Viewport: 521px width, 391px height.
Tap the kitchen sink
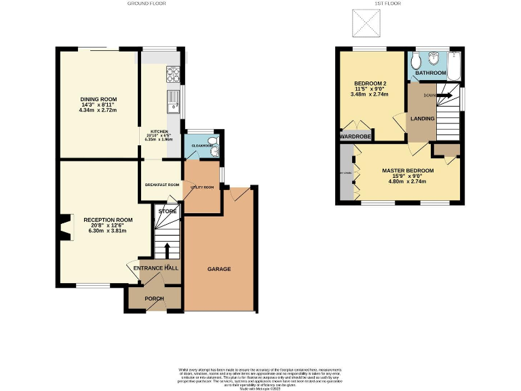(x=172, y=101)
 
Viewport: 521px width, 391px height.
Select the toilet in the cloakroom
(x=211, y=145)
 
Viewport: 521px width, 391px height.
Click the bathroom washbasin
(x=434, y=59)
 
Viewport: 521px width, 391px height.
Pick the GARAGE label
(x=219, y=269)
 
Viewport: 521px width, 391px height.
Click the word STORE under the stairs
(x=167, y=212)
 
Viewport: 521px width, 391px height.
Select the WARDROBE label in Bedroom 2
(x=355, y=136)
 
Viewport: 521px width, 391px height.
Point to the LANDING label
(x=422, y=119)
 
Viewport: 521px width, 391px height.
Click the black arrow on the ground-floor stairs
(x=168, y=248)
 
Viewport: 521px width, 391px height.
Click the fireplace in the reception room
(x=64, y=227)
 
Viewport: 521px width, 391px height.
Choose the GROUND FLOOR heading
(x=147, y=3)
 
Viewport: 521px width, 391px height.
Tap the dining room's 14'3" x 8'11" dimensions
(x=98, y=105)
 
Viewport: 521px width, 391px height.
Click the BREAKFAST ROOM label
(x=162, y=185)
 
